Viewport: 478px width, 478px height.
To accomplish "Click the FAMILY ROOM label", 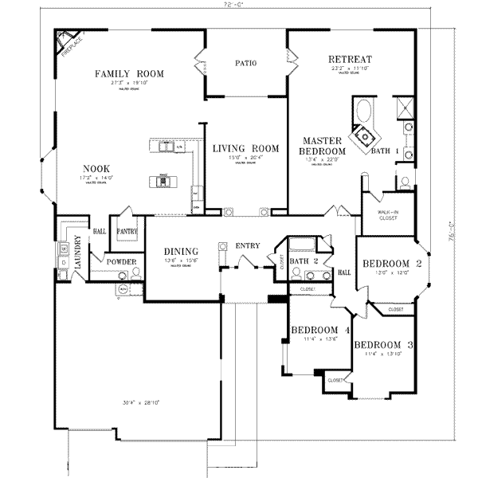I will click(x=129, y=74).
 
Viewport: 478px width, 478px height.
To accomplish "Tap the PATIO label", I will click(x=245, y=64).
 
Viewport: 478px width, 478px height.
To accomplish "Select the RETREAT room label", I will click(x=350, y=59).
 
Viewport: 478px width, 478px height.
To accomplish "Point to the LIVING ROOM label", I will click(x=245, y=148).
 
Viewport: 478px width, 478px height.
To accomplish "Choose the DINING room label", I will click(x=175, y=251).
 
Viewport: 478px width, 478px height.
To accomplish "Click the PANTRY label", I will click(x=127, y=232).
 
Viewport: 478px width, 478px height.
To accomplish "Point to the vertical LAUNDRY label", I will click(x=78, y=253).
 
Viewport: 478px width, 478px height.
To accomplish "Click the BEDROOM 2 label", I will click(x=391, y=264).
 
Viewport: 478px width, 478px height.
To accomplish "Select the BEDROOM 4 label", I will click(x=320, y=331).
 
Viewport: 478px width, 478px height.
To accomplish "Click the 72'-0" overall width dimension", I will click(x=234, y=5).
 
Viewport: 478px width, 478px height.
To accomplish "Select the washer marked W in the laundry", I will click(x=62, y=247).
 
